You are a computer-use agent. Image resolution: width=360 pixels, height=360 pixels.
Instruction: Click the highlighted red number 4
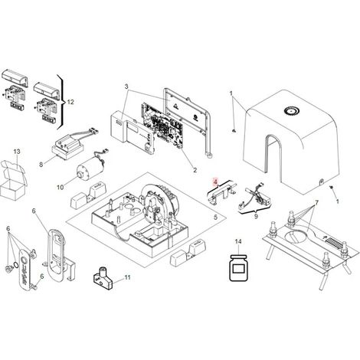[x=216, y=182]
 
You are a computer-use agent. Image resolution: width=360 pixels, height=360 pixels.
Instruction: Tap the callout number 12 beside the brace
[x=70, y=102]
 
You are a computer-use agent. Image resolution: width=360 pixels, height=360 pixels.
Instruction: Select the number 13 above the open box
[x=17, y=152]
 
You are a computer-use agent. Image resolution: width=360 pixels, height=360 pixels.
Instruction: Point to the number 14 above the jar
[x=238, y=241]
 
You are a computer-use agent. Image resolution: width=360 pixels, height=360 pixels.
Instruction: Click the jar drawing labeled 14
[x=238, y=268]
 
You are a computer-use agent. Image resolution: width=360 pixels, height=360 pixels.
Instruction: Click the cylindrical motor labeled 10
[x=90, y=166]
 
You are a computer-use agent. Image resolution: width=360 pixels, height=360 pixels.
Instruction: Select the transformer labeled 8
[x=67, y=146]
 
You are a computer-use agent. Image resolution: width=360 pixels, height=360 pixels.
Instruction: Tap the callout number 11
[x=127, y=277]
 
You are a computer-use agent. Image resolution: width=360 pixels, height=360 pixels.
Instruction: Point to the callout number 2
[x=195, y=170]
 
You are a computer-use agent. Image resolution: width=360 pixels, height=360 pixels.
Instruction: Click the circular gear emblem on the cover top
[x=293, y=111]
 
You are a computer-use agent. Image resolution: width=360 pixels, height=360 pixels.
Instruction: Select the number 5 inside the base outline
[x=216, y=218]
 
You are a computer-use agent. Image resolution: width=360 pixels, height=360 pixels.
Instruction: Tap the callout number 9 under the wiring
[x=256, y=216]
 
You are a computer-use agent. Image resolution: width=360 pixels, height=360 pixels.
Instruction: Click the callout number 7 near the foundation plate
[x=316, y=203]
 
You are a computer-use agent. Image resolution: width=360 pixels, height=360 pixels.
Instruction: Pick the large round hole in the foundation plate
[x=296, y=235]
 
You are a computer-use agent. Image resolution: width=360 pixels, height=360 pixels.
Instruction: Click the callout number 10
[x=61, y=188]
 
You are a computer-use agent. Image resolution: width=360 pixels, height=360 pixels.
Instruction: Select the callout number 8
[x=41, y=165]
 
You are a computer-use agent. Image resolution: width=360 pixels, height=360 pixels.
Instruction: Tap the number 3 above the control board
[x=126, y=87]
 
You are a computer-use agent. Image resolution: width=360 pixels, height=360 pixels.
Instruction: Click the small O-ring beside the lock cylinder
[x=16, y=264]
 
